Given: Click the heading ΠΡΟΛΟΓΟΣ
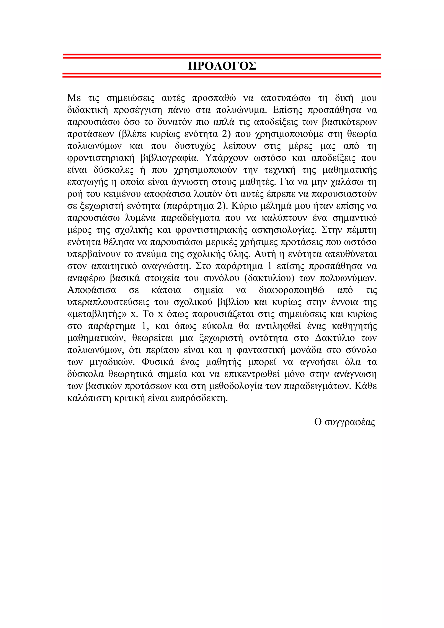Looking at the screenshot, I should tap(222, 66).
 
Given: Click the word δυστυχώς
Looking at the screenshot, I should tap(195, 146).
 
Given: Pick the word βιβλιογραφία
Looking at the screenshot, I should tap(169, 158).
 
